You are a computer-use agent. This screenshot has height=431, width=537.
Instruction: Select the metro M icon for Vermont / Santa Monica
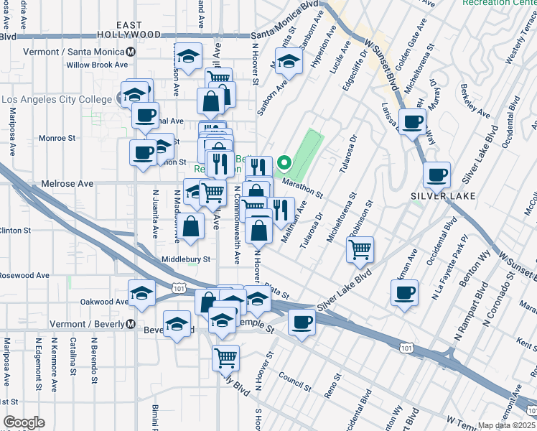click(x=131, y=52)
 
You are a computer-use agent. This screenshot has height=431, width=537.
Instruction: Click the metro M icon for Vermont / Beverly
click(x=131, y=324)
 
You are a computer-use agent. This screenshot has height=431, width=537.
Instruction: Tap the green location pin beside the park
click(x=285, y=163)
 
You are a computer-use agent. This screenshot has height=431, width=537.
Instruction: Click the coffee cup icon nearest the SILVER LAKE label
click(x=436, y=174)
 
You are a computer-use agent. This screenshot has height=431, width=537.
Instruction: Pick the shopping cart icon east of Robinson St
click(x=360, y=250)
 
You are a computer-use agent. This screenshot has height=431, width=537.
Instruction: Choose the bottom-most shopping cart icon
click(x=226, y=356)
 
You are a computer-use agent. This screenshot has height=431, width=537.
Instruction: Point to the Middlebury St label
click(x=186, y=259)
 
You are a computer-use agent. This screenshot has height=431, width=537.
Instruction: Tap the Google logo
click(x=24, y=422)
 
